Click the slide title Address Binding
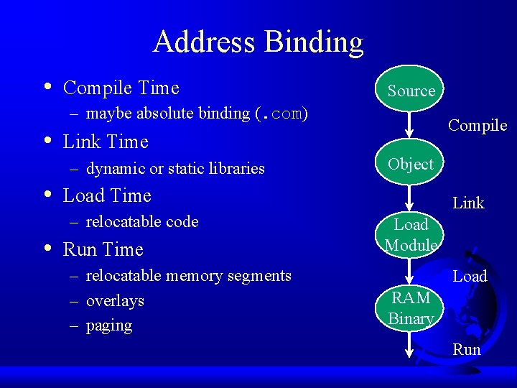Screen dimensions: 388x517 click(258, 42)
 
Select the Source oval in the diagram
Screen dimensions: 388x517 click(411, 91)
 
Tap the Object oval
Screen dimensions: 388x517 click(411, 165)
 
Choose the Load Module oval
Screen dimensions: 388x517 click(411, 235)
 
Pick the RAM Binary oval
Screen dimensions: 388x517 click(411, 308)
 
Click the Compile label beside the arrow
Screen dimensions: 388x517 click(478, 126)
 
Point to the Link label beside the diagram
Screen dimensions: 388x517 click(468, 203)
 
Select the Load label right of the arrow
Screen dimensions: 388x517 click(470, 277)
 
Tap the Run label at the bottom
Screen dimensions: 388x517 click(467, 350)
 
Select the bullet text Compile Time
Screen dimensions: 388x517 click(121, 88)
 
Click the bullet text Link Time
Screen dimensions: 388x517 click(106, 142)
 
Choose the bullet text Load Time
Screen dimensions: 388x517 click(107, 195)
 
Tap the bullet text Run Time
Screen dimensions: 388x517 click(103, 249)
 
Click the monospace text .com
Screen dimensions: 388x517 click(281, 114)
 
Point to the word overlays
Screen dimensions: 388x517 click(115, 301)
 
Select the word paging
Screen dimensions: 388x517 click(109, 325)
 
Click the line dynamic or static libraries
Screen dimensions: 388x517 click(175, 169)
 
